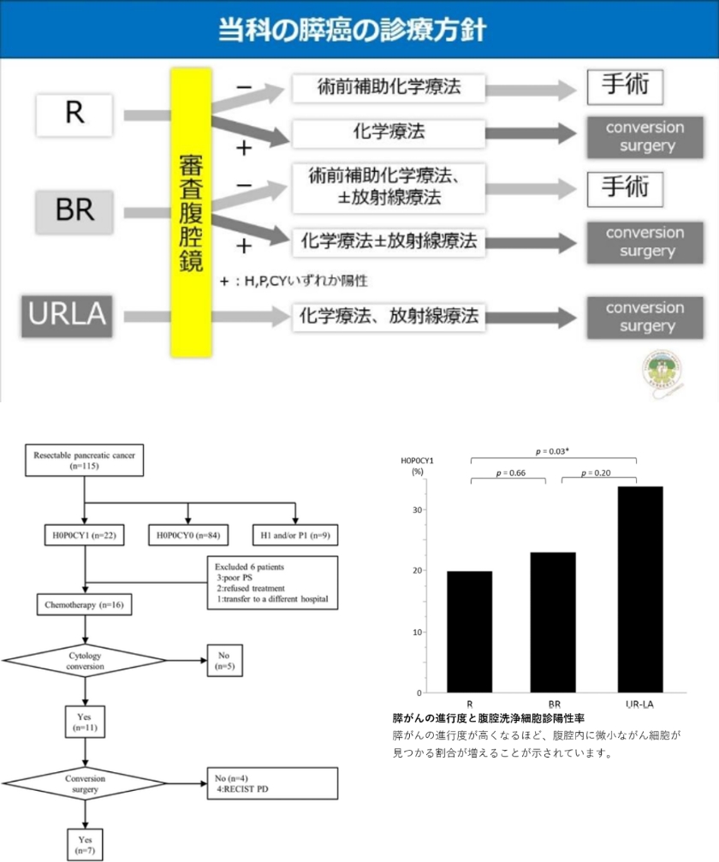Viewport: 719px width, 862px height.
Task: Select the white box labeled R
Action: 74,114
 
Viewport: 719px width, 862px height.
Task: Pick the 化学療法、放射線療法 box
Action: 388,316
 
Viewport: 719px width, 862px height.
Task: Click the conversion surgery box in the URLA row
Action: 646,317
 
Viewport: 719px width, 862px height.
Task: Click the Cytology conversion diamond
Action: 85,661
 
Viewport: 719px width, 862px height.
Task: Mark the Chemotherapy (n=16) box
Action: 83,604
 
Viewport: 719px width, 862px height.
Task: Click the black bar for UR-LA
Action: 637,589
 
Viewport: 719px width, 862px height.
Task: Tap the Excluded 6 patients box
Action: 273,582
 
